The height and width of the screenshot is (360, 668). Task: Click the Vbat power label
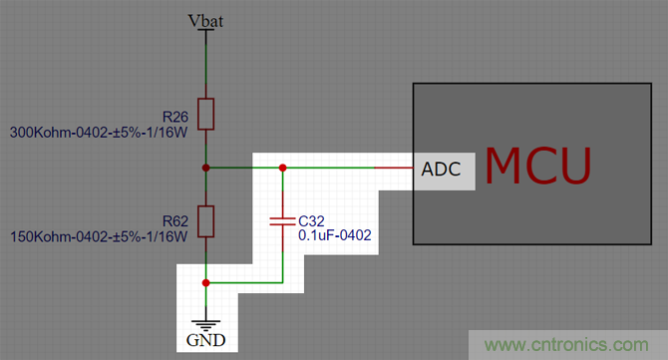pos(205,21)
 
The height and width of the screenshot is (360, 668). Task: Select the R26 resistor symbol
pos(205,114)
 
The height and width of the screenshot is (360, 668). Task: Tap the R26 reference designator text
pos(175,117)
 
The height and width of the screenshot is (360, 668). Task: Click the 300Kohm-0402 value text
pos(99,133)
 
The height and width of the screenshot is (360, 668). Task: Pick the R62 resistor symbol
pos(205,221)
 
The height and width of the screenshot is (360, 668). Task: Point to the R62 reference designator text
pos(175,221)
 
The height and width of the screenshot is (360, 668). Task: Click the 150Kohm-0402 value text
pos(99,237)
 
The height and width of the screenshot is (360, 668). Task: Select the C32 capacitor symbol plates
pos(282,221)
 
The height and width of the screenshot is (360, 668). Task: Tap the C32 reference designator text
pos(311,221)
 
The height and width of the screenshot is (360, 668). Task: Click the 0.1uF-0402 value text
pos(335,235)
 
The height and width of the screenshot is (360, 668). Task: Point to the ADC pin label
pos(441,170)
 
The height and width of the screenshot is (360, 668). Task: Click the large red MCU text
pos(538,167)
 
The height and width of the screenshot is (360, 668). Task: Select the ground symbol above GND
pos(205,325)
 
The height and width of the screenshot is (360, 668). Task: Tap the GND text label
pos(205,340)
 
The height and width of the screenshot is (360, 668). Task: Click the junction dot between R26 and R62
pos(205,168)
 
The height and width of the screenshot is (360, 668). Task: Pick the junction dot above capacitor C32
pos(282,168)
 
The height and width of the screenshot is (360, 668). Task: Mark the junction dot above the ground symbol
pos(205,282)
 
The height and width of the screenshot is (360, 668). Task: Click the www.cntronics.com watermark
pos(566,345)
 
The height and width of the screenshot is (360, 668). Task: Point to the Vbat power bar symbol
pos(205,30)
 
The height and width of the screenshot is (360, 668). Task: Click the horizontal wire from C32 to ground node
pos(244,282)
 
